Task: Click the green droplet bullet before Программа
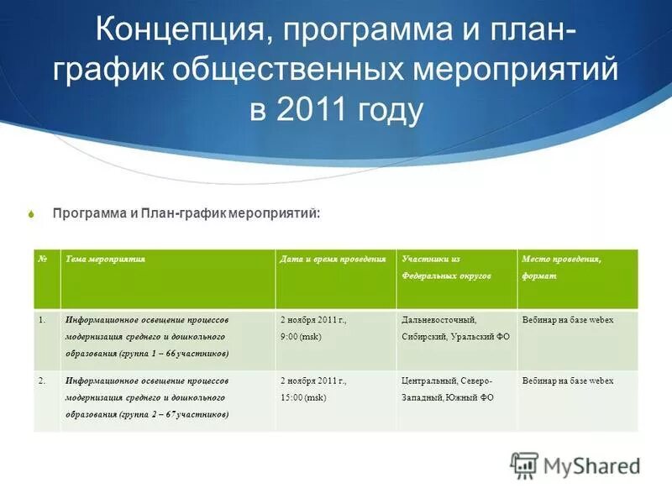(32, 214)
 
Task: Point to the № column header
(43, 260)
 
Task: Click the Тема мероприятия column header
(106, 260)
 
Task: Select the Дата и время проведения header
(333, 260)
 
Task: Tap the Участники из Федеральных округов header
(446, 268)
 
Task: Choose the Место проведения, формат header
(561, 268)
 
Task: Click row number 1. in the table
(42, 320)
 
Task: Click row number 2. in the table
(42, 381)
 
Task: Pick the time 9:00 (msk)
(301, 337)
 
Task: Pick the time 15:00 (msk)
(303, 397)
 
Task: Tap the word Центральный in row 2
(429, 381)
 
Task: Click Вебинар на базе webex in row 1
(568, 320)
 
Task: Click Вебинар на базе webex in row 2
(568, 381)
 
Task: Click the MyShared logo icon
(525, 465)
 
